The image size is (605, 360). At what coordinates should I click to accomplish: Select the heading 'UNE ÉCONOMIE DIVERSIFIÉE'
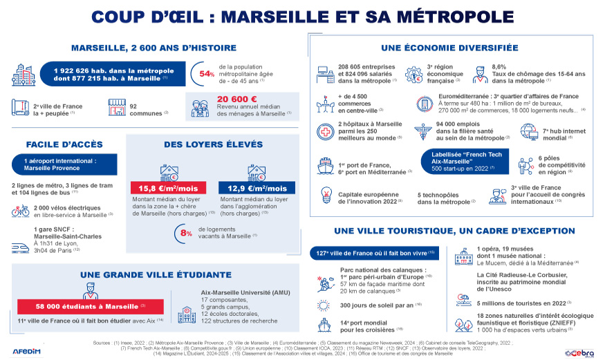coord(449,48)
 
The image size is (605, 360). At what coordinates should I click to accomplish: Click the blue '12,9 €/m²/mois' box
coord(257,188)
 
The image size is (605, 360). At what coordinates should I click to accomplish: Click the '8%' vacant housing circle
coord(185,233)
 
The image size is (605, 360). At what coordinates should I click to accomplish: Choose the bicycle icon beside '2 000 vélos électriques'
coord(20,211)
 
